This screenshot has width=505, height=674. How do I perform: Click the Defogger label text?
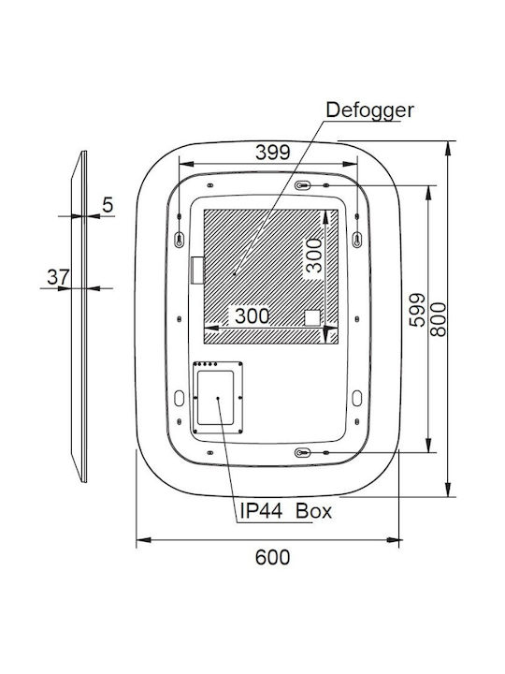coord(369,110)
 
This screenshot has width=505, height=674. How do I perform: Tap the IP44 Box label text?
coord(285,511)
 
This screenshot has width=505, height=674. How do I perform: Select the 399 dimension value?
coord(273,153)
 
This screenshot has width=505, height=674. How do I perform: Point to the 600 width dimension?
coord(272,557)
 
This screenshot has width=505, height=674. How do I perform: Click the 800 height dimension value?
coord(439,319)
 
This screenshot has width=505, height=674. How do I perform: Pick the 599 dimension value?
coord(417,310)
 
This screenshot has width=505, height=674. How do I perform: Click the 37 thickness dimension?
coord(58,277)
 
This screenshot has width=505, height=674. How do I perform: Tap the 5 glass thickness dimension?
coord(108,205)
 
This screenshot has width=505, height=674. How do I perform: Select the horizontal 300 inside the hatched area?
coord(252,316)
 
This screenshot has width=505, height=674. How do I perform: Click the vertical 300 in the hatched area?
coord(314,256)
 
